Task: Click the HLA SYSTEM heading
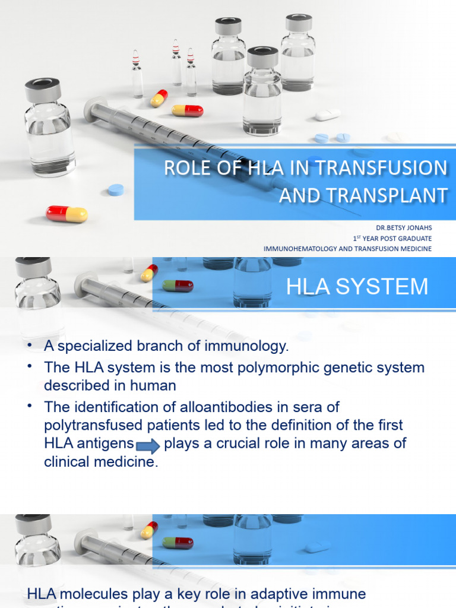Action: pyautogui.click(x=357, y=286)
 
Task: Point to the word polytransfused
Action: pyautogui.click(x=93, y=425)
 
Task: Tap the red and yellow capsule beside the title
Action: pyautogui.click(x=66, y=214)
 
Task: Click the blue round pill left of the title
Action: pyautogui.click(x=116, y=190)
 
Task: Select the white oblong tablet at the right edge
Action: pyautogui.click(x=327, y=115)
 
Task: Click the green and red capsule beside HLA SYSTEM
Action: pyautogui.click(x=178, y=286)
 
